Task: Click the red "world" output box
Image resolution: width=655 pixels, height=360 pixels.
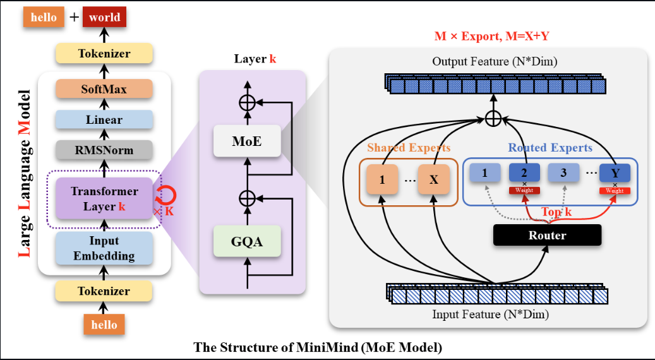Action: tap(105, 17)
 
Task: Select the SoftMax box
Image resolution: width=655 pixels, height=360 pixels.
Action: tap(104, 89)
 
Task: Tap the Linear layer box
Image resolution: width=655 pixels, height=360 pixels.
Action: tap(104, 119)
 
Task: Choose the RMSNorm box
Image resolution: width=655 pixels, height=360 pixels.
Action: tap(104, 150)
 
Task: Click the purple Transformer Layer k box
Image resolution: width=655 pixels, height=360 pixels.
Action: tap(104, 198)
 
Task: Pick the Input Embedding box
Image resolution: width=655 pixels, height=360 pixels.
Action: tap(104, 248)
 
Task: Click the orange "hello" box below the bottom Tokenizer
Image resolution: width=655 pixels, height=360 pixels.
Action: tap(104, 325)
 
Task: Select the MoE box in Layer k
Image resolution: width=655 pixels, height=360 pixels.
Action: tap(246, 140)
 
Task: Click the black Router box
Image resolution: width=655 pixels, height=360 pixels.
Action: tap(547, 235)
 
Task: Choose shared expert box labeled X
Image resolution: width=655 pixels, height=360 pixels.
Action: tap(434, 179)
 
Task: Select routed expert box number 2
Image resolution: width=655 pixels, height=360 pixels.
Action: tap(524, 173)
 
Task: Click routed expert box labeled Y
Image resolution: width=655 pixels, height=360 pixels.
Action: tap(615, 173)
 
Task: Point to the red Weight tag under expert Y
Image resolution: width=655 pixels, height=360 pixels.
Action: tap(615, 191)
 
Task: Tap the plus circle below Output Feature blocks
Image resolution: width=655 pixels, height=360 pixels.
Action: tap(493, 117)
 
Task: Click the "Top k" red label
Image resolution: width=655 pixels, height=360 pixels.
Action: tap(556, 212)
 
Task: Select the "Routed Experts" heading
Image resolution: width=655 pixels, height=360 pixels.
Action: tap(550, 148)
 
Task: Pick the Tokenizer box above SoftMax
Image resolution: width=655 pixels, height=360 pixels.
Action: tap(104, 54)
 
